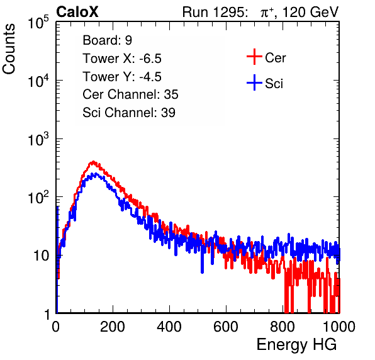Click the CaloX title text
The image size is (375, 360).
77,12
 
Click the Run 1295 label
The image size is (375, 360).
215,12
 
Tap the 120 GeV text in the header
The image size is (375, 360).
310,12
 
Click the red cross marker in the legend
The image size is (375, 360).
254,57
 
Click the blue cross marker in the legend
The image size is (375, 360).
254,82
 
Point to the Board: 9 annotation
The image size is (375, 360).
107,40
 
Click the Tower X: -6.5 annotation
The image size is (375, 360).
122,59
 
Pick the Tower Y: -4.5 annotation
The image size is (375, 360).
122,77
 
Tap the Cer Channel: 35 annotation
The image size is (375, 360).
130,94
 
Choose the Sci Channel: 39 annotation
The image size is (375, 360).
129,113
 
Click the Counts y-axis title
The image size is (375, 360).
9,48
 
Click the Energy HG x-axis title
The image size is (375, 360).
296,345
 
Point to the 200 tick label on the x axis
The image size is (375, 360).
113,327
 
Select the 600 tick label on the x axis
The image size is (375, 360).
226,327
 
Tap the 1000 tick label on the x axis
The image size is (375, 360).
339,327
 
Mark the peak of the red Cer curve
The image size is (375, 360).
92,162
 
